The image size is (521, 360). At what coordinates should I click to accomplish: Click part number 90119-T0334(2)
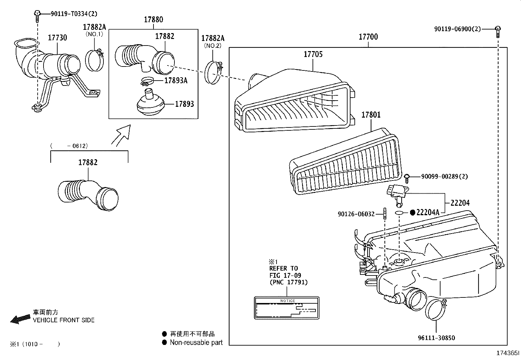74,14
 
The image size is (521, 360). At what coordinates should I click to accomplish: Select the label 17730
58,38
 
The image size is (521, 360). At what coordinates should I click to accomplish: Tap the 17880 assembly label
153,20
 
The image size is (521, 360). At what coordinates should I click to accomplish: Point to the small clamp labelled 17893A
147,81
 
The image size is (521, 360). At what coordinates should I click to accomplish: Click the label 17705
313,54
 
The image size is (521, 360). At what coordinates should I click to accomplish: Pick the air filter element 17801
345,164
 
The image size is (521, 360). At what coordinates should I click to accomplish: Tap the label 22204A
428,213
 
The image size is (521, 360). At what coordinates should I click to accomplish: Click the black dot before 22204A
413,213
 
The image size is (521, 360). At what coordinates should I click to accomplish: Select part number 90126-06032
356,214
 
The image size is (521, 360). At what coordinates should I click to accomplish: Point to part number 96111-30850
436,338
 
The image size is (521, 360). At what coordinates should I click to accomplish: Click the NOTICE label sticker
287,308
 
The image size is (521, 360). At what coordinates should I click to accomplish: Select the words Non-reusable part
196,343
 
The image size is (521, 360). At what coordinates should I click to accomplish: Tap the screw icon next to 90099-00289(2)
407,178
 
